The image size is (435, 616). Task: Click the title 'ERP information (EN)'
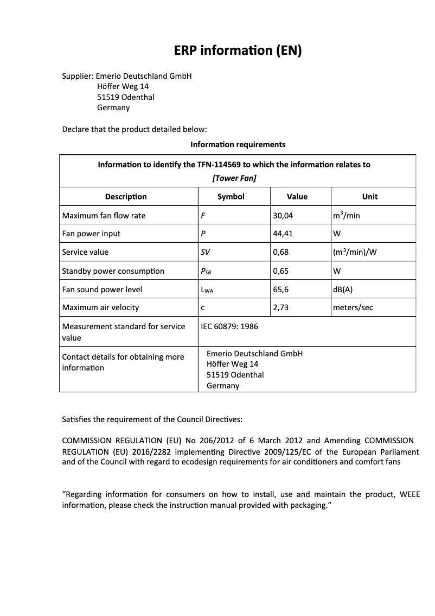(x=238, y=51)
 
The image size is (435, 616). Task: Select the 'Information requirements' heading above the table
(x=238, y=144)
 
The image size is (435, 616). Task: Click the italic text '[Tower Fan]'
(x=234, y=178)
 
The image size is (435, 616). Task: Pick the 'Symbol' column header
(x=231, y=197)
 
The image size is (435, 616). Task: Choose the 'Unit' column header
(x=370, y=197)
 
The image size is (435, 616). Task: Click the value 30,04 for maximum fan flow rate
(x=283, y=216)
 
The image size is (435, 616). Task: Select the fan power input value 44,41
(x=283, y=234)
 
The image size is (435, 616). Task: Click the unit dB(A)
(x=343, y=290)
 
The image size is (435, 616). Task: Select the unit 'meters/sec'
(x=353, y=307)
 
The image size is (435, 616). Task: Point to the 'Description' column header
(x=126, y=197)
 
